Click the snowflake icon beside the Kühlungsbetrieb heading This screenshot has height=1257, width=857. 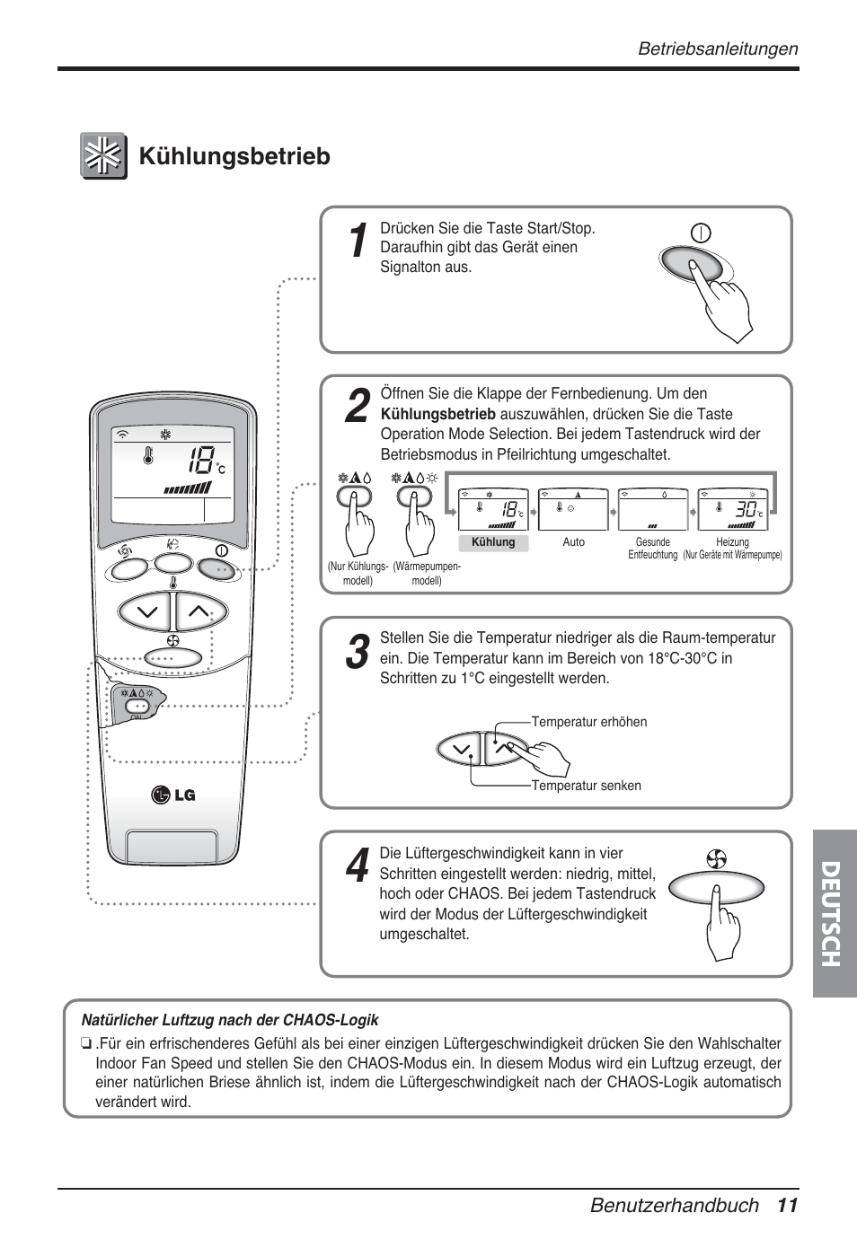coord(103,156)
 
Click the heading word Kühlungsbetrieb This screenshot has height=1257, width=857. coord(234,156)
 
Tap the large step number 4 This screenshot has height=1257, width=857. coord(357,866)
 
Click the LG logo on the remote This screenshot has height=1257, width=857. coord(173,795)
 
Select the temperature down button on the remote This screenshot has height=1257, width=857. coord(146,612)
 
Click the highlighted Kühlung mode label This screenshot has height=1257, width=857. coord(493,542)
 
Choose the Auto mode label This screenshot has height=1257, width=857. coord(573,542)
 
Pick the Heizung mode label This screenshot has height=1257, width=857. coord(732,542)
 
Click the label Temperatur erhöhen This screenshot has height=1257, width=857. coord(588,722)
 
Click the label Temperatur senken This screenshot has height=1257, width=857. coord(586,786)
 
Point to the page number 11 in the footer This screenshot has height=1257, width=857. coord(788,1205)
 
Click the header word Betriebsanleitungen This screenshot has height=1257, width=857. coord(717,49)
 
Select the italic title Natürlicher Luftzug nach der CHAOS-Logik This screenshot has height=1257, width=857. coord(230,1020)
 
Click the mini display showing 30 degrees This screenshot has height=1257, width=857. coord(731,510)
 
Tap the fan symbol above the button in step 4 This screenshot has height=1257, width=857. coord(716,859)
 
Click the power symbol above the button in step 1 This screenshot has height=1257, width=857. coord(701,233)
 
